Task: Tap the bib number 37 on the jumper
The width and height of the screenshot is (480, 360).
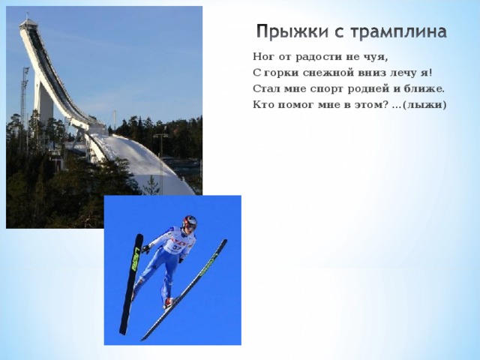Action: (177, 245)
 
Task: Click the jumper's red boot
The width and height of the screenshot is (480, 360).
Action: (168, 301)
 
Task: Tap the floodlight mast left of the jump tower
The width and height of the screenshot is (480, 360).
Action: (25, 97)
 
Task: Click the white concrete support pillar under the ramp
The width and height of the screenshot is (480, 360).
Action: (44, 105)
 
